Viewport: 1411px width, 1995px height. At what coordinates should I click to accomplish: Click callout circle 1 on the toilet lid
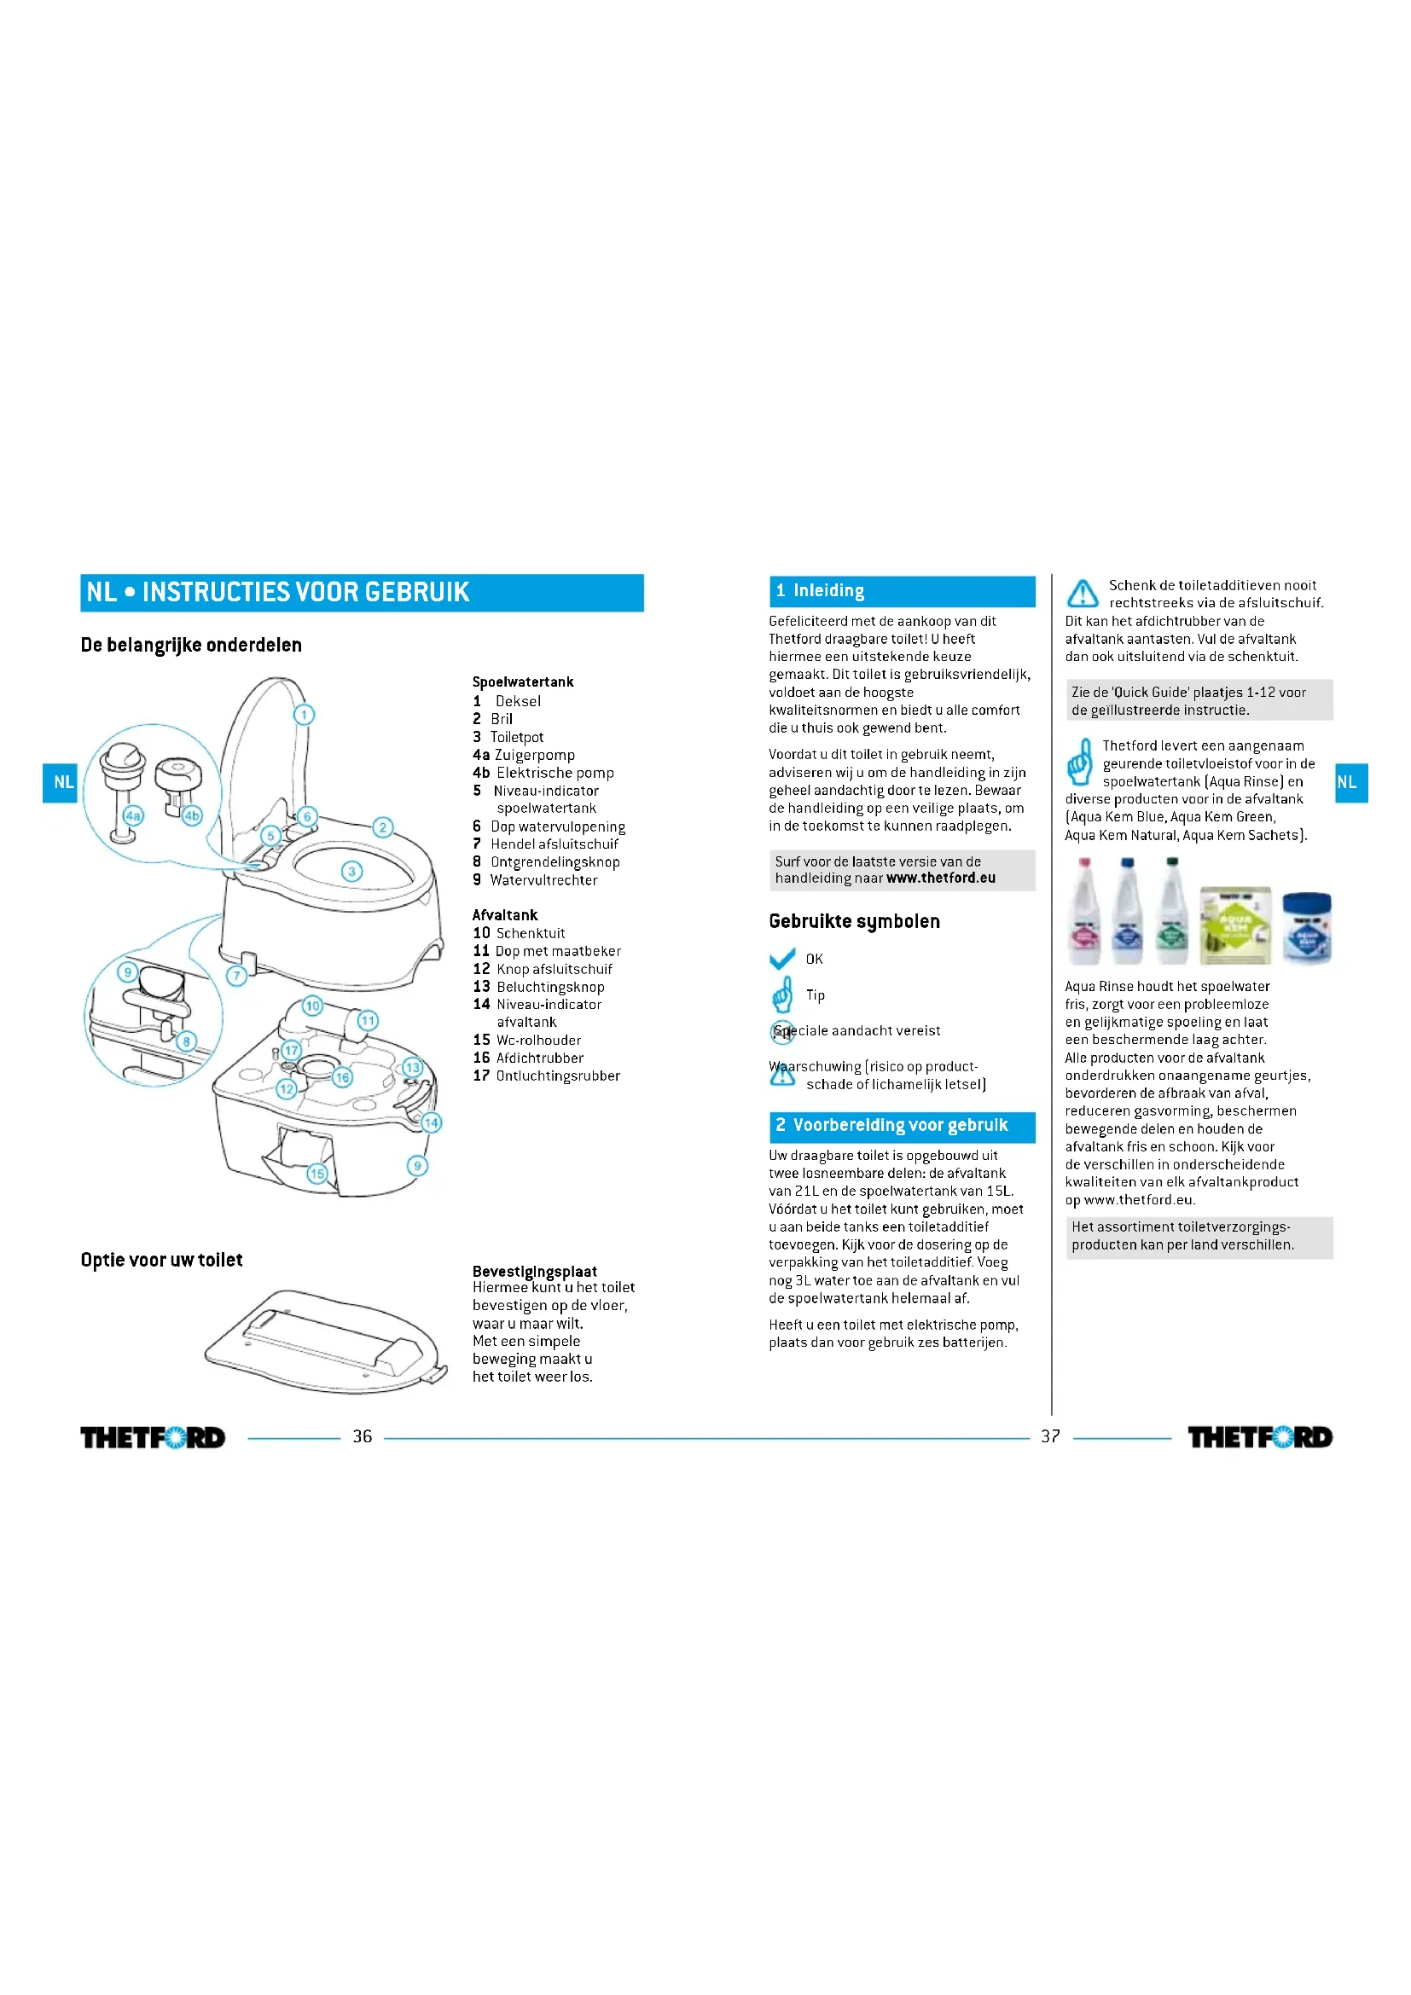coord(303,714)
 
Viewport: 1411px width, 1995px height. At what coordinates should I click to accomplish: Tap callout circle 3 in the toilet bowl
coord(351,871)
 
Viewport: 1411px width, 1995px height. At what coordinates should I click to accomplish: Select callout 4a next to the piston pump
coord(132,815)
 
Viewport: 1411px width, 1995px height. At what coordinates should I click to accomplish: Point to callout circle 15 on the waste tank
coord(317,1173)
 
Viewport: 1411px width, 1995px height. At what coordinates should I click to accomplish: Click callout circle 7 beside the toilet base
coord(236,975)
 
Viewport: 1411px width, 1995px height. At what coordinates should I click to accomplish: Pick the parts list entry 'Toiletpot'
coord(516,737)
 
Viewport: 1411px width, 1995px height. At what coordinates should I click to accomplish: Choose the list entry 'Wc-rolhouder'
coord(537,1040)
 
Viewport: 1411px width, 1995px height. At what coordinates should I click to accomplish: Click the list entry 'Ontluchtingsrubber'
coord(557,1076)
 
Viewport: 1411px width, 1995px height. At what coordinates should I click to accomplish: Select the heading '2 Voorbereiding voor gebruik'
coord(901,1125)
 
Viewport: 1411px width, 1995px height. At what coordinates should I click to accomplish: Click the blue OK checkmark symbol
coord(782,959)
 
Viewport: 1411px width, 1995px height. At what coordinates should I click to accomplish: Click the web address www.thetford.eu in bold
coord(941,878)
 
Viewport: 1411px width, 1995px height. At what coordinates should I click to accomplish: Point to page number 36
coord(363,1436)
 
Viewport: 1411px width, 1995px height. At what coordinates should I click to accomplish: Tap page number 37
coord(1050,1436)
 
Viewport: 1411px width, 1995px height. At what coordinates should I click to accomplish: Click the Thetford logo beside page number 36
coord(153,1437)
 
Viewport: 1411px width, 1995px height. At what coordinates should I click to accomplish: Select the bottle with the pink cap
coord(1085,913)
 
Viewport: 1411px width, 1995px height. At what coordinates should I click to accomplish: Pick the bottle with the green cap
coord(1172,913)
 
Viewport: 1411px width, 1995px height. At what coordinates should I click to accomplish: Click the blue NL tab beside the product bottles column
coord(1351,782)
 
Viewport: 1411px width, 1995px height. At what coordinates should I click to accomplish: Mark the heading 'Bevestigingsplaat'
coord(534,1271)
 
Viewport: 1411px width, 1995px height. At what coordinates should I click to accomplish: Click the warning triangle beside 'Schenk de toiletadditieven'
coord(1083,594)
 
